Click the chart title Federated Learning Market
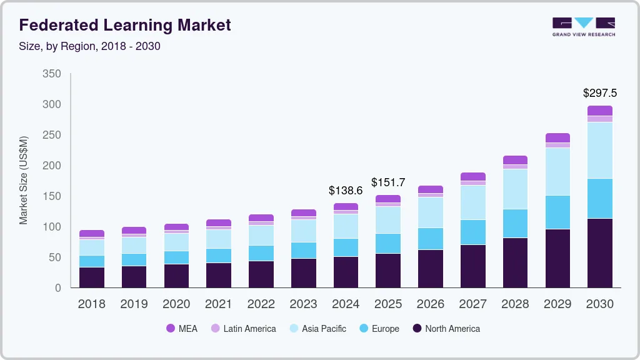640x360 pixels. [x=125, y=26]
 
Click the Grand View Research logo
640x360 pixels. [x=583, y=27]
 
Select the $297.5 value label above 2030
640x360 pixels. [x=599, y=93]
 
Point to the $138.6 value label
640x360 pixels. [x=346, y=190]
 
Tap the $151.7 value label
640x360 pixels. [x=388, y=182]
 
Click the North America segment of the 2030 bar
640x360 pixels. [x=599, y=253]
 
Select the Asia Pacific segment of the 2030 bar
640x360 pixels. [x=599, y=150]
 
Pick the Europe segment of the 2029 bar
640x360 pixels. [x=557, y=212]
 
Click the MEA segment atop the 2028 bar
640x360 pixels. [x=515, y=160]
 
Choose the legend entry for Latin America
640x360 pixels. [x=243, y=329]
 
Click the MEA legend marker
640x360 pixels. [x=171, y=329]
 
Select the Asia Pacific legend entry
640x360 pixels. [x=317, y=329]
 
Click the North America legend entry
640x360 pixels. [x=446, y=329]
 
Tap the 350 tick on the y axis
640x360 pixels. [x=52, y=74]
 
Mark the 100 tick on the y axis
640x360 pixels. [x=52, y=227]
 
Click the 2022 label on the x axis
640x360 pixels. [x=261, y=304]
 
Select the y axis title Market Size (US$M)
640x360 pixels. [x=23, y=180]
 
